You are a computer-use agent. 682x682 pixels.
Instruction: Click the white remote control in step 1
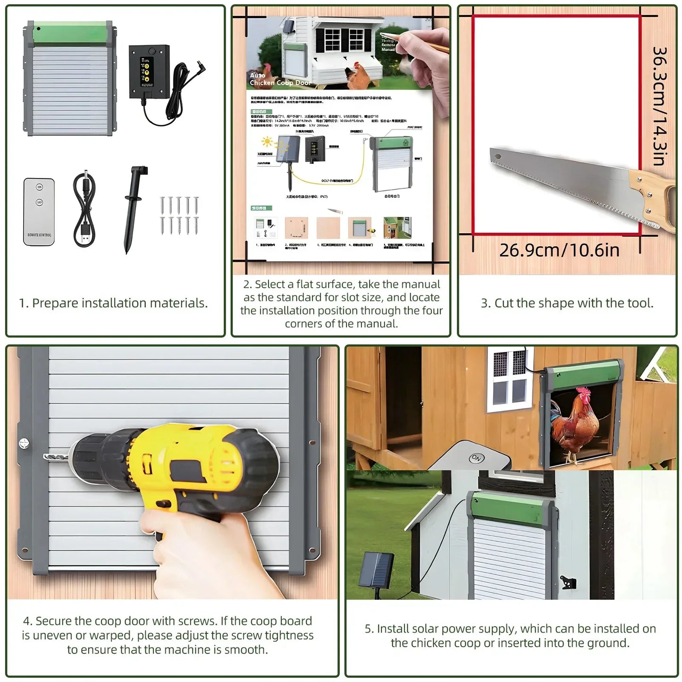pyautogui.click(x=39, y=211)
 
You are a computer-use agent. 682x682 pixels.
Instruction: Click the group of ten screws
pyautogui.click(x=179, y=215)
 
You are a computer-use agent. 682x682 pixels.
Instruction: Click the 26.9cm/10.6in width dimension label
pyautogui.click(x=559, y=250)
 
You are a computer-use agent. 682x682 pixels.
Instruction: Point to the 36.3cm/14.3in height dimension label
pyautogui.click(x=659, y=106)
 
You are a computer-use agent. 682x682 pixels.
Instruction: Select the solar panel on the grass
pyautogui.click(x=376, y=570)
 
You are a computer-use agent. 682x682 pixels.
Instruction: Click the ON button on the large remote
pyautogui.click(x=476, y=458)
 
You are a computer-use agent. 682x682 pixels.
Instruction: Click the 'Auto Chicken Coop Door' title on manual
pyautogui.click(x=279, y=79)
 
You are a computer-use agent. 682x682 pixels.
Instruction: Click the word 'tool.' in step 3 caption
pyautogui.click(x=640, y=303)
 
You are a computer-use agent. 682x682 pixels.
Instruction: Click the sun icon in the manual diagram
pyautogui.click(x=267, y=142)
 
